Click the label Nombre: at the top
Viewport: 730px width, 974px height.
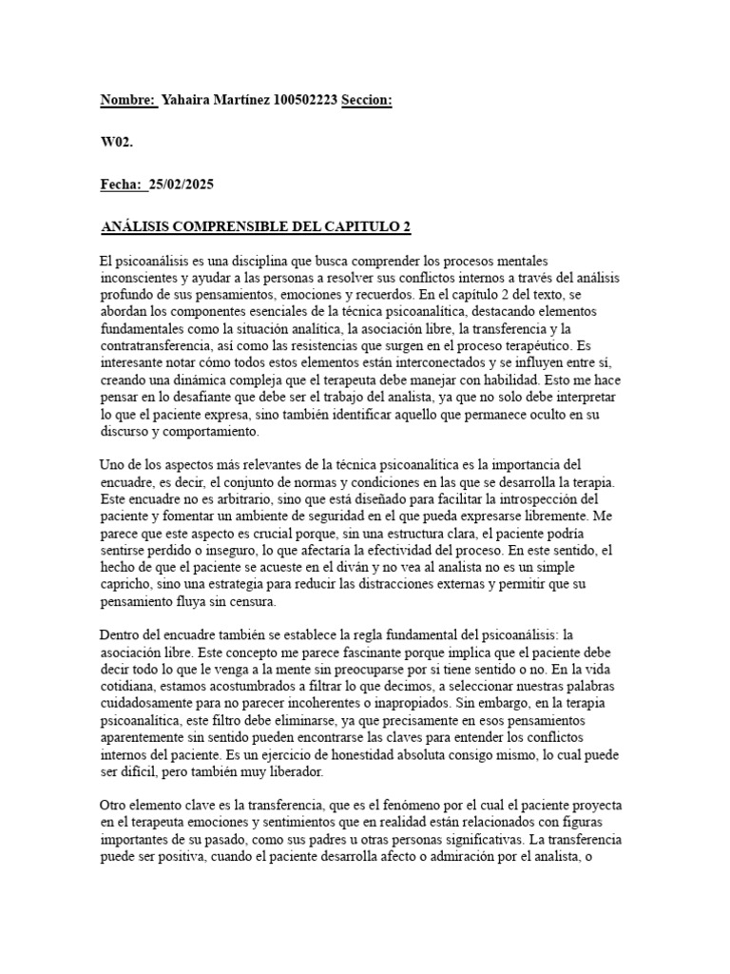coord(128,100)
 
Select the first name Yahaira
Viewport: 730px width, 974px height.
coord(189,100)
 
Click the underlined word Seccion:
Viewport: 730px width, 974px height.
coord(367,100)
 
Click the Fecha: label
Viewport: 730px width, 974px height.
coord(121,185)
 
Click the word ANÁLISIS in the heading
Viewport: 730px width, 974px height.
coord(138,227)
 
